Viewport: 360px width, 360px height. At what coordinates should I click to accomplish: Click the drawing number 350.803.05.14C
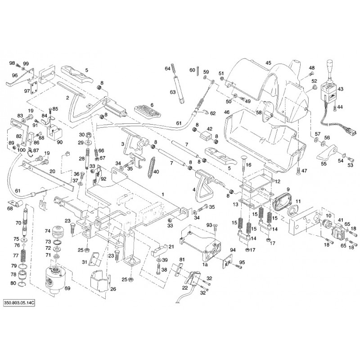(x=19, y=302)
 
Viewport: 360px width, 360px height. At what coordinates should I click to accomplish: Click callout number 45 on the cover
(x=268, y=63)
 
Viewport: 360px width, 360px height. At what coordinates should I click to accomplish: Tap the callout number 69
(x=68, y=288)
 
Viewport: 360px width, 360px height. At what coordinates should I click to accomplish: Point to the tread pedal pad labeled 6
(x=145, y=112)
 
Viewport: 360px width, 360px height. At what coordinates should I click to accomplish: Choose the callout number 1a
(x=205, y=265)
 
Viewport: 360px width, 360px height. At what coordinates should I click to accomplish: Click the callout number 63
(x=173, y=92)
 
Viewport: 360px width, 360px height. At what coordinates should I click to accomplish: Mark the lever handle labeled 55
(x=327, y=152)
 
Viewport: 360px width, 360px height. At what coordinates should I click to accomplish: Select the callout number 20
(x=52, y=171)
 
